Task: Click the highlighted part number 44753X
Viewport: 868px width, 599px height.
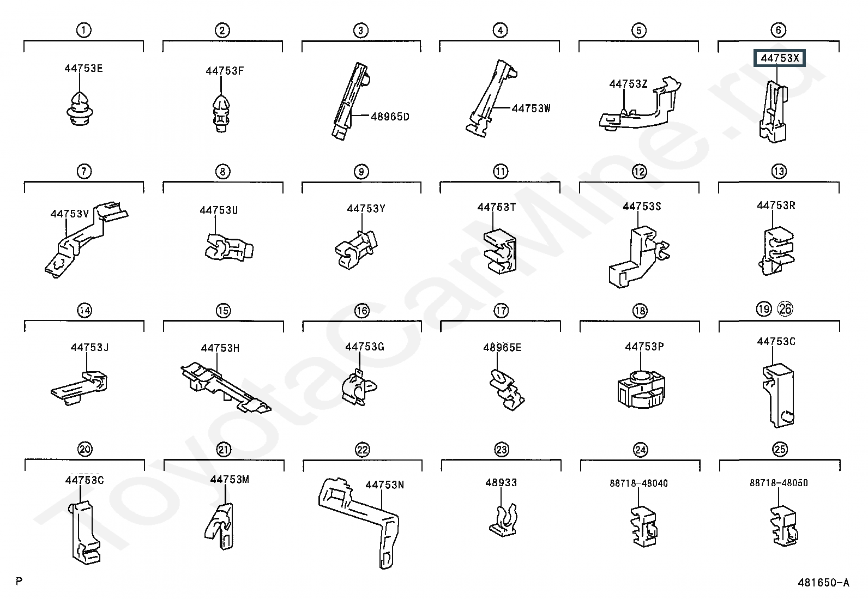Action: [780, 58]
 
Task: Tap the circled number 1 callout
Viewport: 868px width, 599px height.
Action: [84, 30]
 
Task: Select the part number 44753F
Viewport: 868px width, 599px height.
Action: [225, 71]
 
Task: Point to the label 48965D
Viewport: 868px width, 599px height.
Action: [390, 117]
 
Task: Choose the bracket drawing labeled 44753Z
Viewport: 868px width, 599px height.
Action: [640, 105]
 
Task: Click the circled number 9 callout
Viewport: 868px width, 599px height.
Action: [361, 171]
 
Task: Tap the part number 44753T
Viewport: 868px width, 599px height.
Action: [496, 207]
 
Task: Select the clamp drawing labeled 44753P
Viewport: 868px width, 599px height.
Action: [641, 389]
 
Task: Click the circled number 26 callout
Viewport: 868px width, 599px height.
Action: [786, 309]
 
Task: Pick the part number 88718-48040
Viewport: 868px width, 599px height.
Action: [638, 483]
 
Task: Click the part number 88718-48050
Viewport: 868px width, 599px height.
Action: [779, 483]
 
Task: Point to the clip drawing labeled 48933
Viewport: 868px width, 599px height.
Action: [503, 521]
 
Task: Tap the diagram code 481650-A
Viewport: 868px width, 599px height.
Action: [823, 582]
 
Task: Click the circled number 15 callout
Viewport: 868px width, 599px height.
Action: [223, 310]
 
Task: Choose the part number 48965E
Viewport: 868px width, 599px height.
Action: [502, 348]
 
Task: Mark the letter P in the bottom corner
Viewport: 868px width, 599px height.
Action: [19, 581]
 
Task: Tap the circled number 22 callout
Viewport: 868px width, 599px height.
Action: [363, 450]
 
